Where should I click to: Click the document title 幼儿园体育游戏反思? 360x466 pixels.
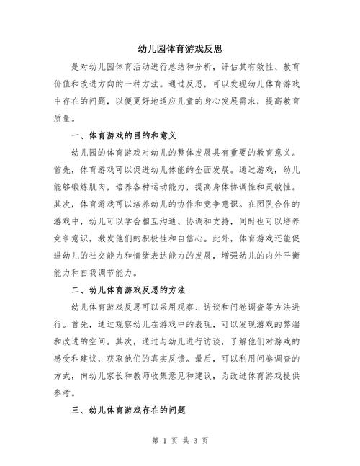(179, 48)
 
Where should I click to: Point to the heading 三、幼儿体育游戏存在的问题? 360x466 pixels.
(130, 409)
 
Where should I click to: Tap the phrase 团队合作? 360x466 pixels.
(283, 205)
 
